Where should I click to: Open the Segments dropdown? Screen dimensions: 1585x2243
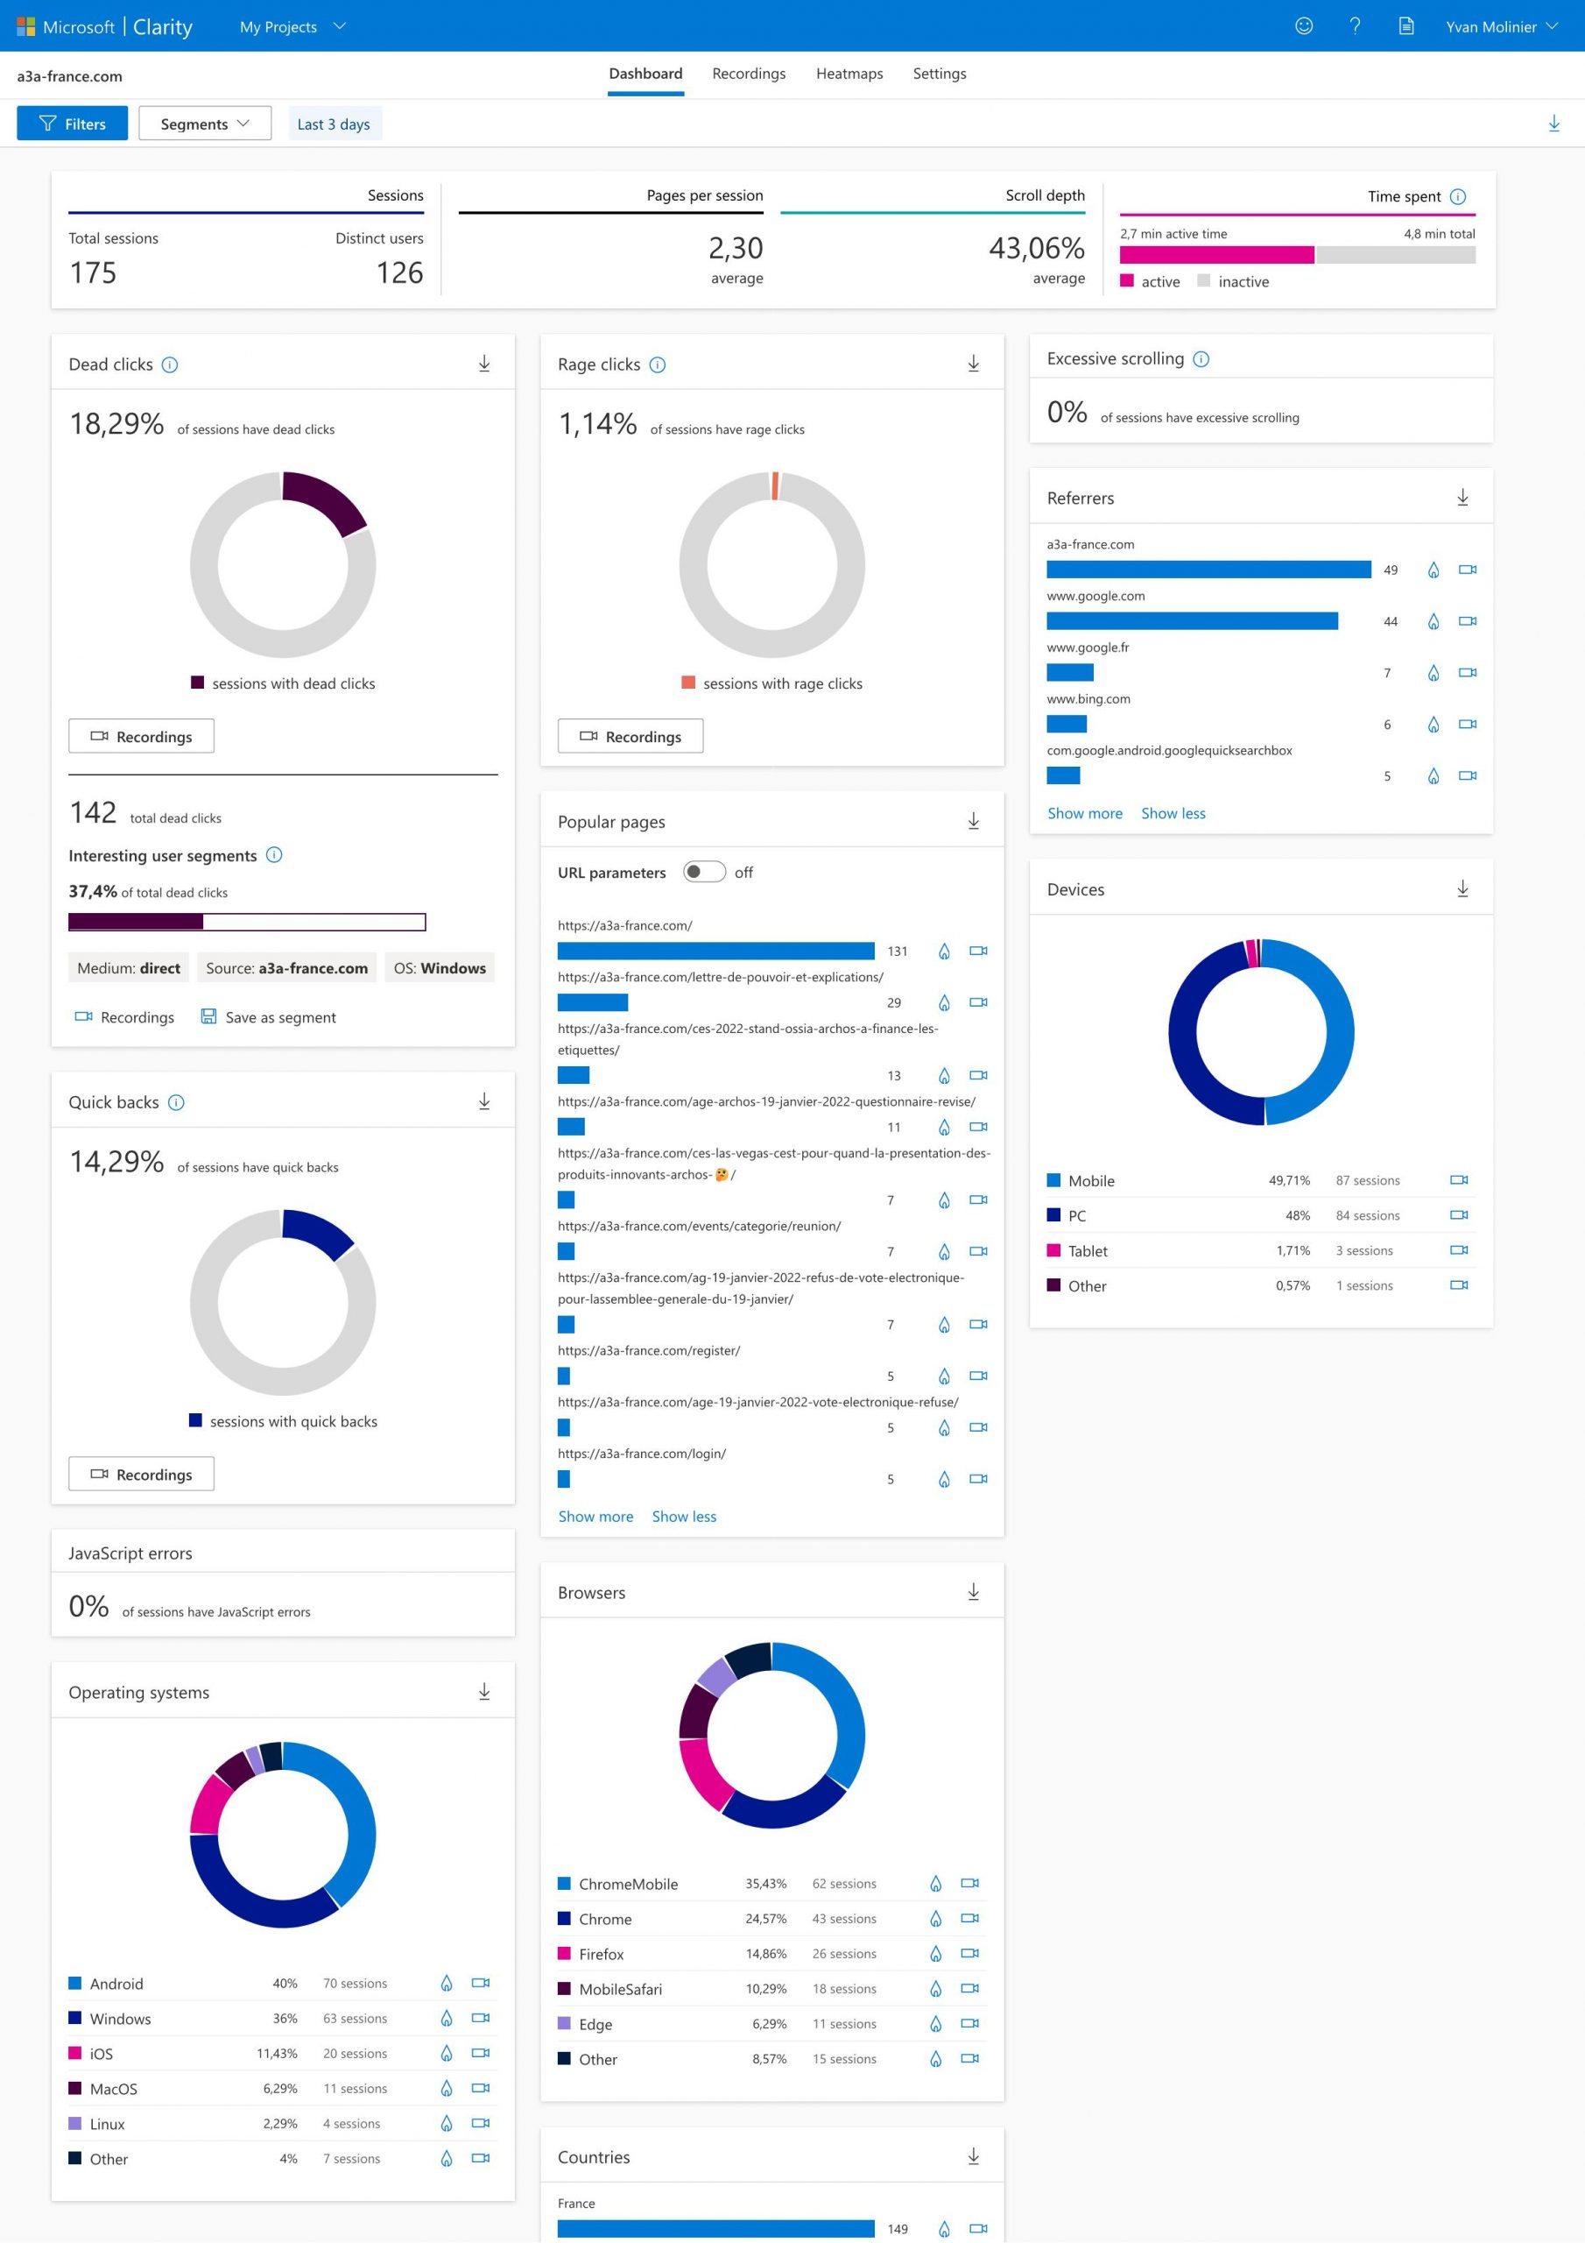(205, 123)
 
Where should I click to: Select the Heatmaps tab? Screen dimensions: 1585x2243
(849, 74)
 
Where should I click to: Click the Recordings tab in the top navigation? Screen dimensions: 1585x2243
(748, 74)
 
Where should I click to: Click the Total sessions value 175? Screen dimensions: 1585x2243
(93, 272)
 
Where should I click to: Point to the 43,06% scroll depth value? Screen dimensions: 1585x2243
(1036, 248)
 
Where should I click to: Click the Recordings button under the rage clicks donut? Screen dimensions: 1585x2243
(630, 736)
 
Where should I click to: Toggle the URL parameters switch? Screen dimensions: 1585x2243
(704, 872)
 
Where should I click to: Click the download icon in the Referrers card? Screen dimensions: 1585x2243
(1462, 498)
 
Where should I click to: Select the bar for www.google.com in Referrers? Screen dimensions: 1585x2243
(1192, 621)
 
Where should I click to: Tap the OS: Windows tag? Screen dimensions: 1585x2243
(440, 967)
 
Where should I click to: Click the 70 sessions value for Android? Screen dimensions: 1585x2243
(356, 1983)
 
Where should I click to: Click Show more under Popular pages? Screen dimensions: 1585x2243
(595, 1516)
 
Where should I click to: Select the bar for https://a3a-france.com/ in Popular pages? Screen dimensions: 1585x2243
(715, 951)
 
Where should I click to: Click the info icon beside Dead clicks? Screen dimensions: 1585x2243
(170, 364)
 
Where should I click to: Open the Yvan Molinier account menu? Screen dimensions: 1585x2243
(1501, 26)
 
